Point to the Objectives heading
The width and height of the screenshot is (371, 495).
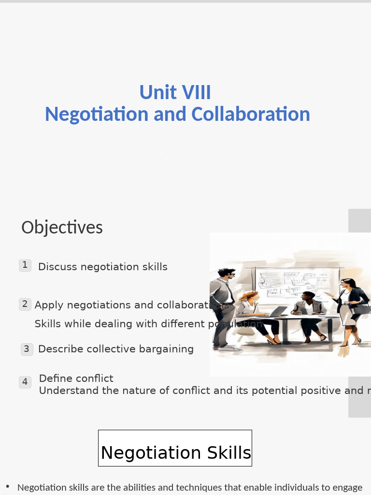pos(62,227)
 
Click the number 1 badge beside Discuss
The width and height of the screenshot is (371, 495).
pos(25,265)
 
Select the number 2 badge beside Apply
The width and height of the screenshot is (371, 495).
pos(25,304)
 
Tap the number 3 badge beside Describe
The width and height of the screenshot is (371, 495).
pos(27,349)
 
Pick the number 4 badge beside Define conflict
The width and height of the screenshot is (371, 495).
pos(25,382)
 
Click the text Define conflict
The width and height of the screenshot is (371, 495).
pos(76,379)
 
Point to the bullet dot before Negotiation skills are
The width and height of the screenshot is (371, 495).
pos(8,486)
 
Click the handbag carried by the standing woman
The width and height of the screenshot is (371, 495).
pos(362,306)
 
